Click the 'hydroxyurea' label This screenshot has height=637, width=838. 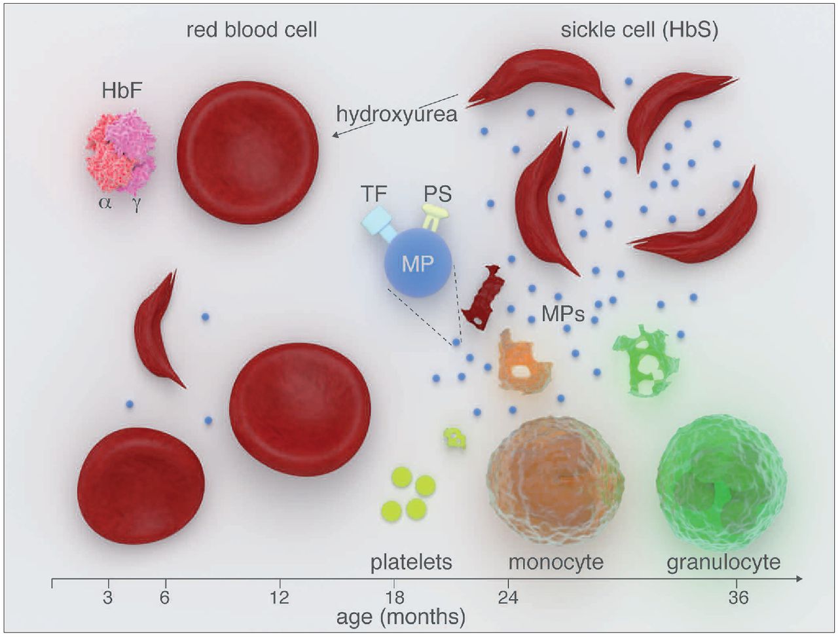click(396, 114)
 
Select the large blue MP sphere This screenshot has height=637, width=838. click(418, 263)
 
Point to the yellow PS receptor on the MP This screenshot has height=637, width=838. click(435, 215)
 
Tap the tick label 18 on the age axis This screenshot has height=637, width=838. click(394, 598)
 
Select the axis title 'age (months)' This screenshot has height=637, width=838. click(401, 617)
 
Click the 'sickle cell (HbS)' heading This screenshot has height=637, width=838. click(639, 31)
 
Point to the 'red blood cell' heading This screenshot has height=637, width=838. click(251, 29)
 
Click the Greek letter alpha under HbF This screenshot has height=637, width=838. click(105, 202)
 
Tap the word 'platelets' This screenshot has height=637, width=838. click(411, 562)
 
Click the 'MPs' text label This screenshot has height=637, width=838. click(563, 314)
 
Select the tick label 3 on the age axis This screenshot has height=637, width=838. click(107, 598)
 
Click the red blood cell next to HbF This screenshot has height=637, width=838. click(247, 153)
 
